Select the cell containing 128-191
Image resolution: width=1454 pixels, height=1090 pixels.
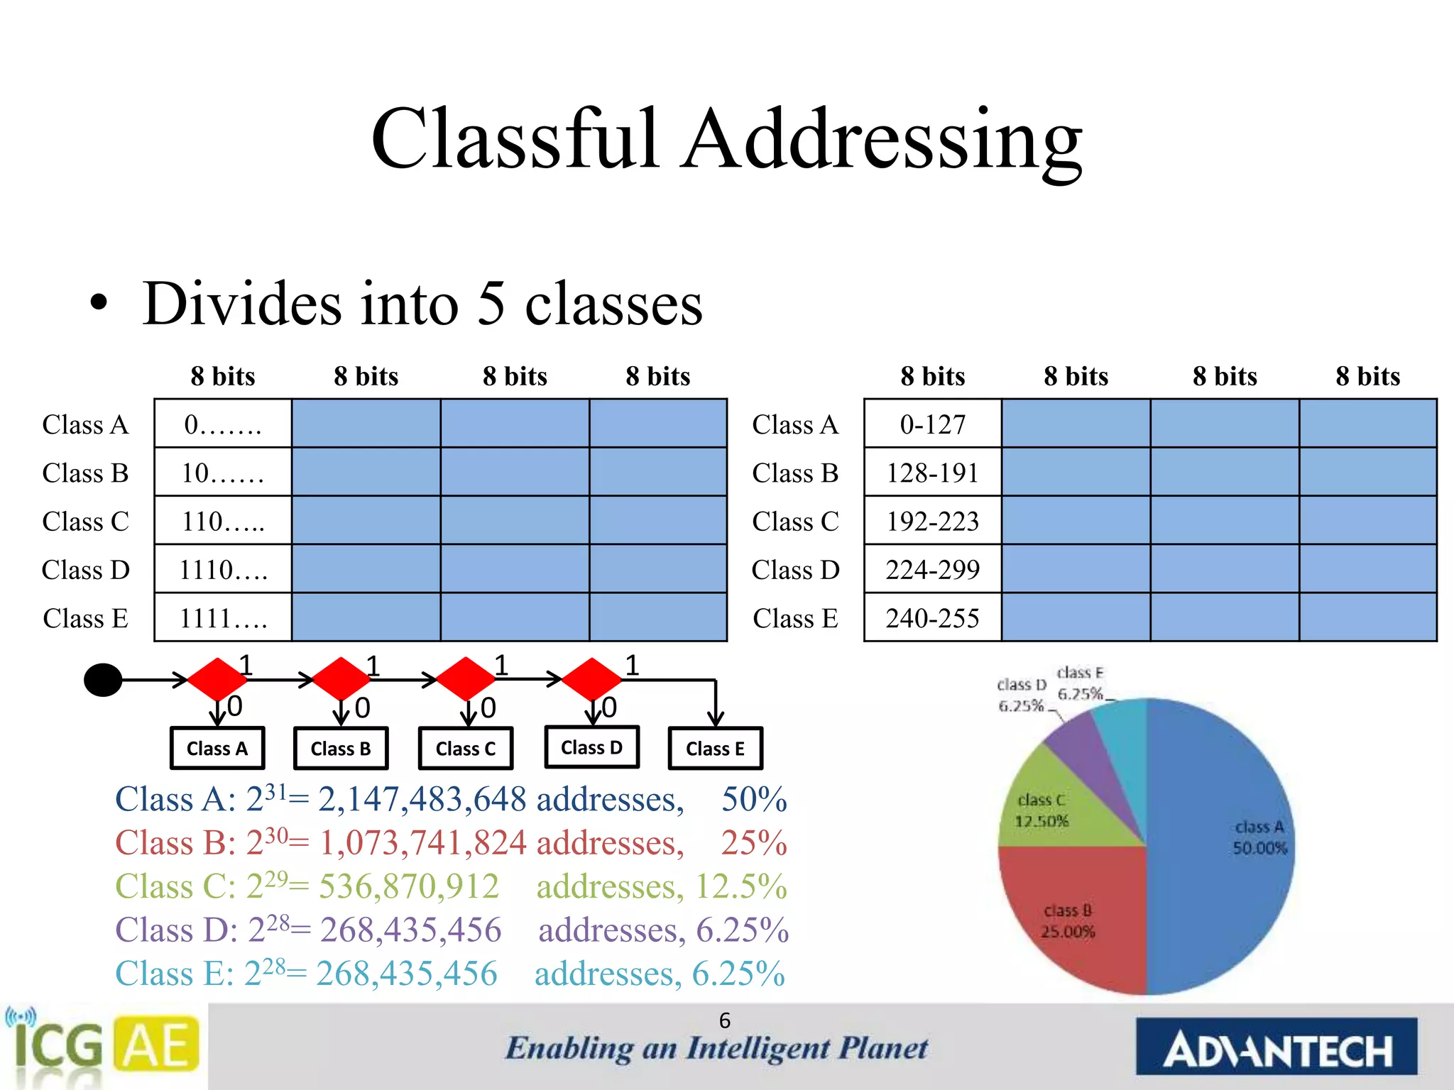pos(932,473)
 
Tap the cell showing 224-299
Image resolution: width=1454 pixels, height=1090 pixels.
pos(932,569)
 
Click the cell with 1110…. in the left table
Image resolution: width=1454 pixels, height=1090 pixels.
pos(223,569)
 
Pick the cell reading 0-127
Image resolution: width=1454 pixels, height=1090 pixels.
pos(932,424)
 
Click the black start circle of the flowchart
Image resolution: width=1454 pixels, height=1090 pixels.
pos(103,680)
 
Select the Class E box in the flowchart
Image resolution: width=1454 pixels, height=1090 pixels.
pos(715,749)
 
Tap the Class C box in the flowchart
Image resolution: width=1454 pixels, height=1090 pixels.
pos(465,749)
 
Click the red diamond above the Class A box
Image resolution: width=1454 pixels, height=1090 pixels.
pos(217,679)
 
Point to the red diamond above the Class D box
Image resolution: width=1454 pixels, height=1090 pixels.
pos(591,679)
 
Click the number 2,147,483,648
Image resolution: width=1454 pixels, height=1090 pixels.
pos(422,800)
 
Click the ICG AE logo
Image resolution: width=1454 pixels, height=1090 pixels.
pos(103,1047)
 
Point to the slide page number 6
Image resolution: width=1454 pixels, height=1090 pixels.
pos(724,1020)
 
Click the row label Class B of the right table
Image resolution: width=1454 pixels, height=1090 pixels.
pos(795,473)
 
